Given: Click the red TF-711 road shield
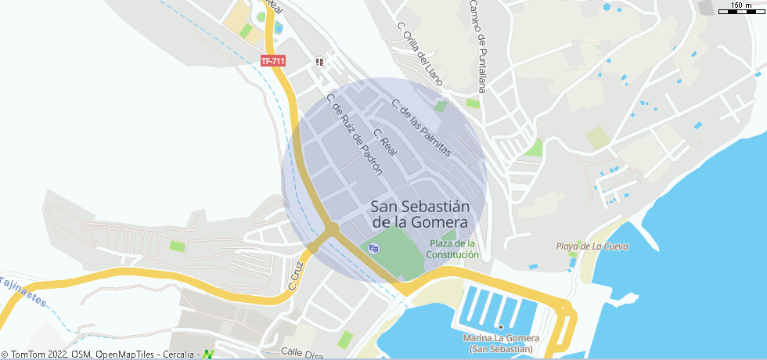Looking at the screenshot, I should [272, 61].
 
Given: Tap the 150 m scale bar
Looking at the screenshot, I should [740, 9].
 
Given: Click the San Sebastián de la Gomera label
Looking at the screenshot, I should [420, 214].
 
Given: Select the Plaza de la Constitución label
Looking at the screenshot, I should [452, 249].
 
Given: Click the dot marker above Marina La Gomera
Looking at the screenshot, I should [500, 326].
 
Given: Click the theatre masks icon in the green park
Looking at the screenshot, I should [373, 248].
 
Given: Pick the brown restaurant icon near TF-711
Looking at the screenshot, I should [319, 61].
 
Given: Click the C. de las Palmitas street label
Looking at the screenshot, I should [422, 128].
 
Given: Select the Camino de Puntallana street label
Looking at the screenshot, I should [477, 45].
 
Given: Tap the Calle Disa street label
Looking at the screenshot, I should [302, 354].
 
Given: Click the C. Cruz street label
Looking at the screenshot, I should [297, 275].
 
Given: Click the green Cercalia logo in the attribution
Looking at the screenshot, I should [207, 355].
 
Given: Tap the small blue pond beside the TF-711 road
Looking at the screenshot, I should [278, 28].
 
